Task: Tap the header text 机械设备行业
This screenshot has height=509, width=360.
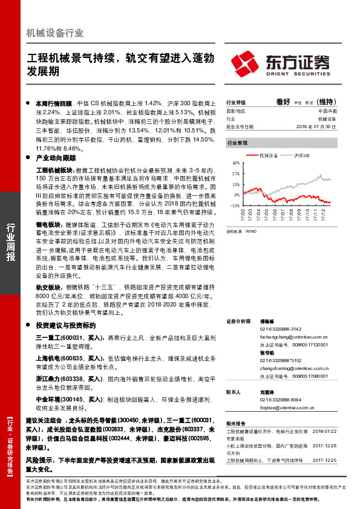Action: (x=55, y=33)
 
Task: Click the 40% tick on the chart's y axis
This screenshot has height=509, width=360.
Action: (x=235, y=163)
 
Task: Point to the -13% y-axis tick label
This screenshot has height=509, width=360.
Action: (x=235, y=206)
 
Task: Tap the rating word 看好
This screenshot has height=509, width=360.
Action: (x=284, y=102)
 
